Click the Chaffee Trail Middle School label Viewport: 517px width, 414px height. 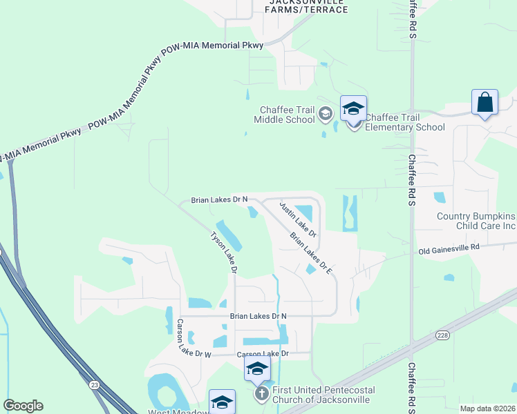click(x=285, y=115)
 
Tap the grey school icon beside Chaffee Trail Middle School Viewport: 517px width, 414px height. click(x=325, y=115)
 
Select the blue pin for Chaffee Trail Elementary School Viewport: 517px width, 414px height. click(x=353, y=110)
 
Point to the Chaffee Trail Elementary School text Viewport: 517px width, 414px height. click(x=404, y=122)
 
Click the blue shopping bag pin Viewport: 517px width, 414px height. click(x=485, y=103)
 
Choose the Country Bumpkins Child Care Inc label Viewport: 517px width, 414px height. click(x=476, y=221)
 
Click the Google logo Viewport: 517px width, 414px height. click(x=23, y=406)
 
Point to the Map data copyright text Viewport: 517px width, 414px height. click(x=487, y=408)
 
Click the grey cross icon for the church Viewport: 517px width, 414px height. click(x=261, y=394)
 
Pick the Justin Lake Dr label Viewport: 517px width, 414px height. click(x=297, y=219)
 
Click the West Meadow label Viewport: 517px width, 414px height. click(x=178, y=412)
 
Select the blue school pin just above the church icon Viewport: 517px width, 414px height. click(x=257, y=370)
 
